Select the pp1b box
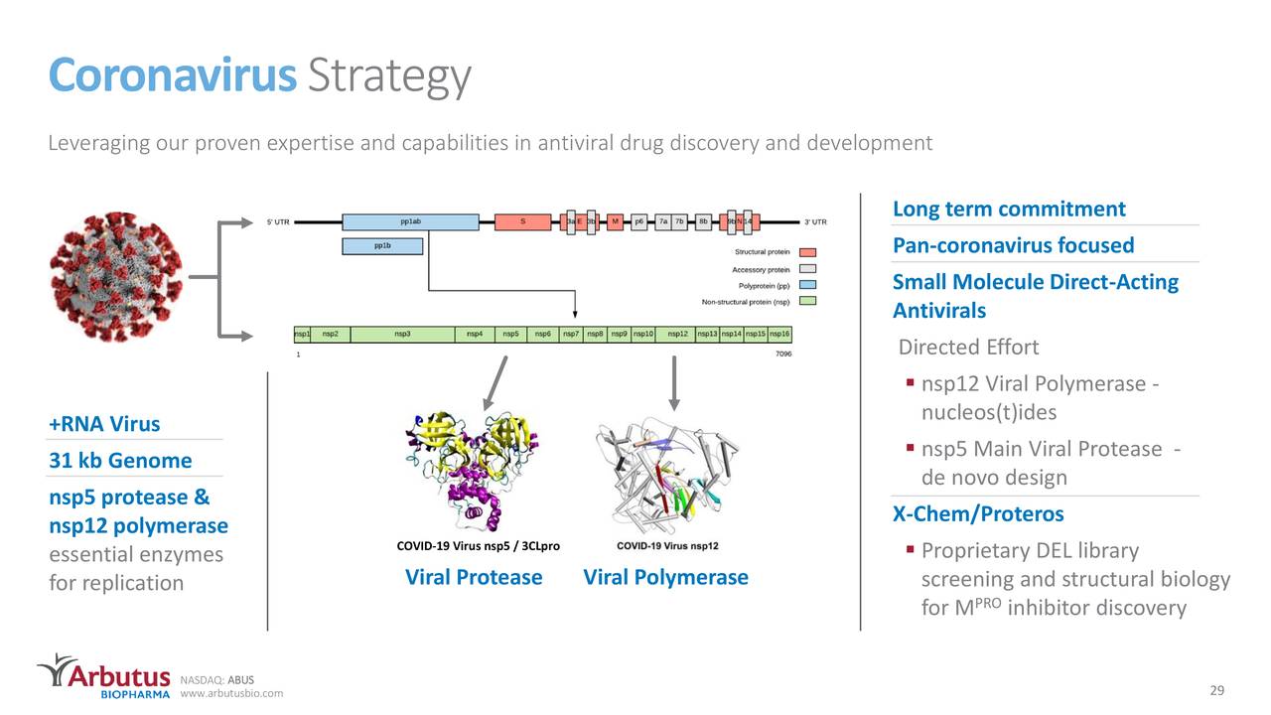click(x=382, y=245)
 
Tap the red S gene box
click(x=523, y=221)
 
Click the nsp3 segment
click(x=402, y=334)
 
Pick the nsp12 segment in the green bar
click(x=677, y=334)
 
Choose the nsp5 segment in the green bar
click(x=510, y=334)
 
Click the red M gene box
click(x=616, y=221)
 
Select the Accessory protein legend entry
click(x=762, y=269)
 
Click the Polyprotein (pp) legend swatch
click(x=807, y=285)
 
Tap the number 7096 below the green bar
click(x=782, y=353)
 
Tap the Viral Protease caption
click(x=474, y=577)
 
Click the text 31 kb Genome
click(x=120, y=461)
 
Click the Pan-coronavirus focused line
click(x=1013, y=245)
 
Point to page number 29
click(x=1216, y=690)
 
